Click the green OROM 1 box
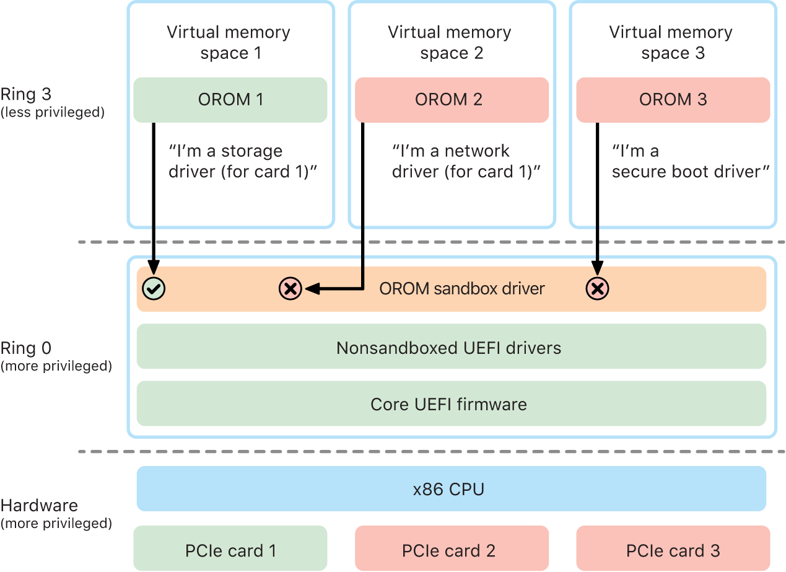pos(230,100)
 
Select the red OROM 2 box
pos(452,100)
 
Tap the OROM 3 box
pos(673,100)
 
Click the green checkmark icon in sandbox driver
pos(153,288)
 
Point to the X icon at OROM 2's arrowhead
pos(290,288)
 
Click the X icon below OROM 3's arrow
pos(597,288)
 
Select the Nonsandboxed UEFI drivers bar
pos(451,347)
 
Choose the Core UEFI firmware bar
pos(451,404)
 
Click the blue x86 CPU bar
pos(451,489)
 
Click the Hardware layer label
pos(40,505)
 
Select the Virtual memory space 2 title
pos(450,43)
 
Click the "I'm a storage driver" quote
pos(243,161)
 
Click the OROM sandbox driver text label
pos(462,288)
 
